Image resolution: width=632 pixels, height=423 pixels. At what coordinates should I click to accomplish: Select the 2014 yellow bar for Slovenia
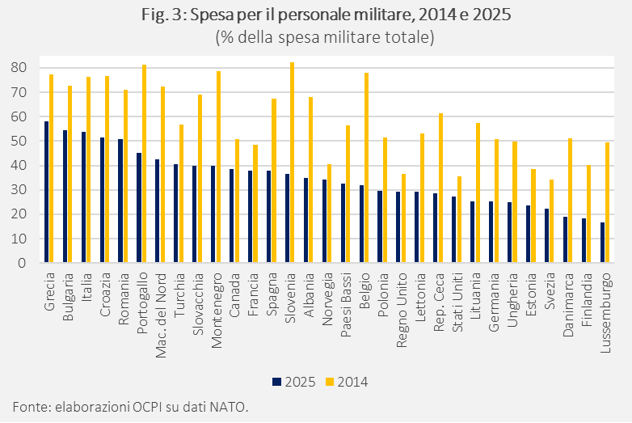coord(292,163)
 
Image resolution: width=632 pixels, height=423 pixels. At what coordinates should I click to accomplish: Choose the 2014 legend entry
coord(346,381)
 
